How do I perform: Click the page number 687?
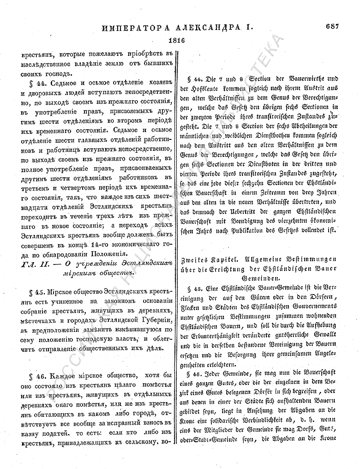tap(331, 26)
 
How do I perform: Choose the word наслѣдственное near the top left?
tap(48, 64)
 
